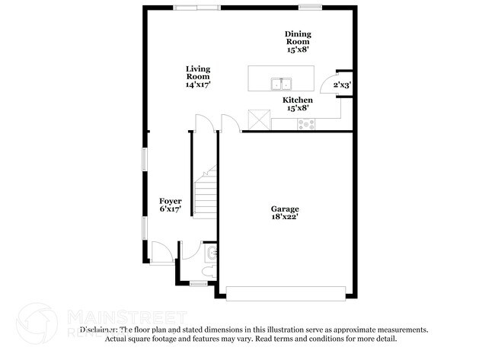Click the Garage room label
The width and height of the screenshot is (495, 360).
(x=285, y=209)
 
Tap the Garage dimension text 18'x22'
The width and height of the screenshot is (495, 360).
(x=285, y=217)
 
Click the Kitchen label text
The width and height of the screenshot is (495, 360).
(x=298, y=100)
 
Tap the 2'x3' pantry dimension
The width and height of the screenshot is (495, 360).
(x=341, y=86)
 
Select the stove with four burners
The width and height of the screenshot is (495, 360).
(x=305, y=123)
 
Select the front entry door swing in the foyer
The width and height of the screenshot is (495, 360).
(x=161, y=252)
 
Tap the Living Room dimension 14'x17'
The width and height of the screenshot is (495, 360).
(x=198, y=84)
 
